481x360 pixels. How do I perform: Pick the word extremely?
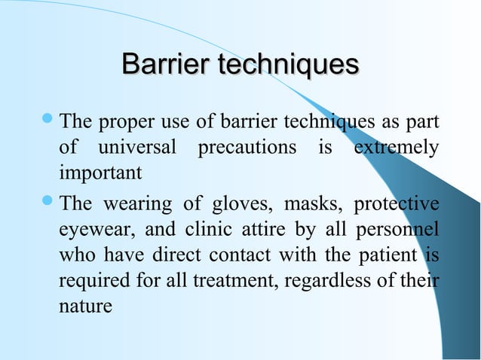[x=395, y=148]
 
